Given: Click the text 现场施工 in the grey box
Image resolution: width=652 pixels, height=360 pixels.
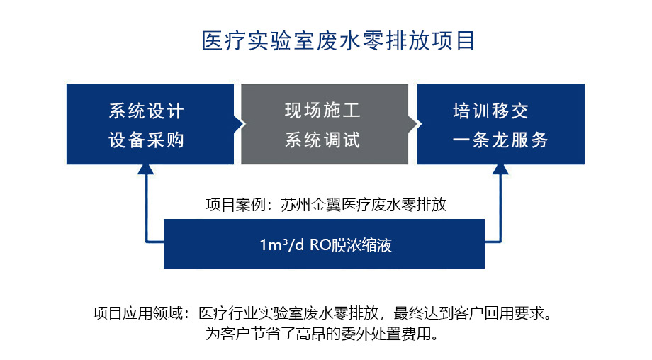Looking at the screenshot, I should click(x=322, y=111).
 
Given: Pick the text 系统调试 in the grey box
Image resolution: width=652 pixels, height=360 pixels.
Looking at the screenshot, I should click(x=322, y=140).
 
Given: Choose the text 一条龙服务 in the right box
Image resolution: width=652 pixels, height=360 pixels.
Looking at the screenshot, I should click(x=500, y=140).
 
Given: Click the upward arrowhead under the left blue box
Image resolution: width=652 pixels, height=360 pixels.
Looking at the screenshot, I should click(x=146, y=170).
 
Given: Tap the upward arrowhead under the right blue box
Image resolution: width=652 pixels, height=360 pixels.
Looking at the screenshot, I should click(x=500, y=170).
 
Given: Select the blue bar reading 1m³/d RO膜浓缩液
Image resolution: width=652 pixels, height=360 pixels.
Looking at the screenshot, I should click(x=324, y=244).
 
